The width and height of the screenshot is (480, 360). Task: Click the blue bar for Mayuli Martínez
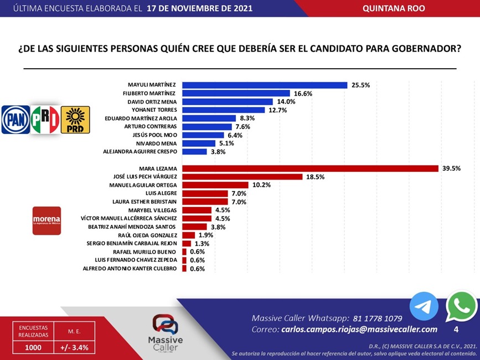[265, 85]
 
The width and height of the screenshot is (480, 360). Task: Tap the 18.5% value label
[314, 177]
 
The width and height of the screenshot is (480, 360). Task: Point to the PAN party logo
[15, 120]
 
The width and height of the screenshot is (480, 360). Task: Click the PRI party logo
[45, 120]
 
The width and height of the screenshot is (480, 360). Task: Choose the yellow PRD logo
[75, 120]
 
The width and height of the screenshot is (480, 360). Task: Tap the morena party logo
[47, 220]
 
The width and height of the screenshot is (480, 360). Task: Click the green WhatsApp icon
[461, 306]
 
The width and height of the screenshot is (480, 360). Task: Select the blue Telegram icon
[424, 306]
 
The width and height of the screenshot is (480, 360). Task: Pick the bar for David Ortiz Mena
[228, 101]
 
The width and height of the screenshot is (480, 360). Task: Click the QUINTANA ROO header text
[394, 8]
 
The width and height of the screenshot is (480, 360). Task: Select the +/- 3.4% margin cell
[74, 348]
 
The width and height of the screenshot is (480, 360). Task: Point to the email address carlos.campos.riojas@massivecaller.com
[359, 330]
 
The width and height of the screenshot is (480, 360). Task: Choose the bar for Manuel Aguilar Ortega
[215, 185]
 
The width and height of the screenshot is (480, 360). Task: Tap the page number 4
[456, 330]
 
